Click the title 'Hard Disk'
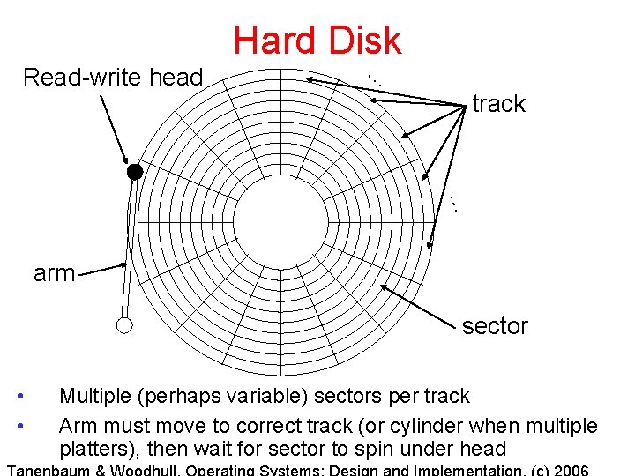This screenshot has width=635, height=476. tap(317, 41)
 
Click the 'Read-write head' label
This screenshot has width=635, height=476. tap(113, 78)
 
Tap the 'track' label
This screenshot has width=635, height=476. tap(498, 104)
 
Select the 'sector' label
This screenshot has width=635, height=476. tap(495, 326)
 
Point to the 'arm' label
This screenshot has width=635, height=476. tap(54, 273)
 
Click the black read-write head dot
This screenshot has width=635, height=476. tap(134, 172)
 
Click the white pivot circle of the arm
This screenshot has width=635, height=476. tap(124, 326)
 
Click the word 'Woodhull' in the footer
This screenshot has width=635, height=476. tap(136, 470)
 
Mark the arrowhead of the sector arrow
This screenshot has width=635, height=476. tap(384, 286)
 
